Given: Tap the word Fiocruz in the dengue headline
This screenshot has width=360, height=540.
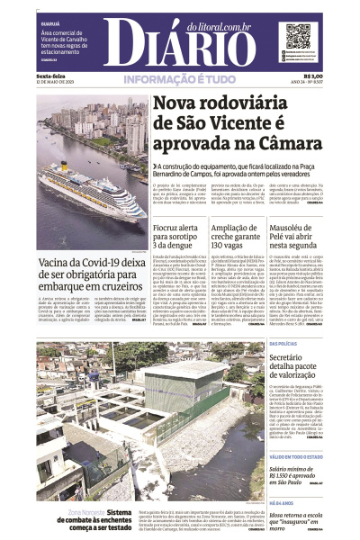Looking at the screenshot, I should pyautogui.click(x=172, y=229).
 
